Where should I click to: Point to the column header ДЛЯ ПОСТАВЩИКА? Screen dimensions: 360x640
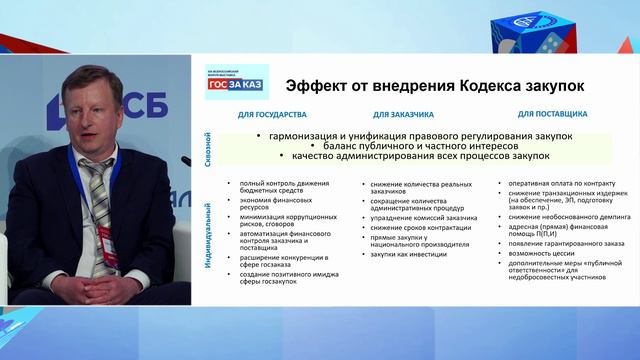click(552, 116)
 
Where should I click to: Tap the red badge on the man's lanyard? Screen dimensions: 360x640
click(106, 246)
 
